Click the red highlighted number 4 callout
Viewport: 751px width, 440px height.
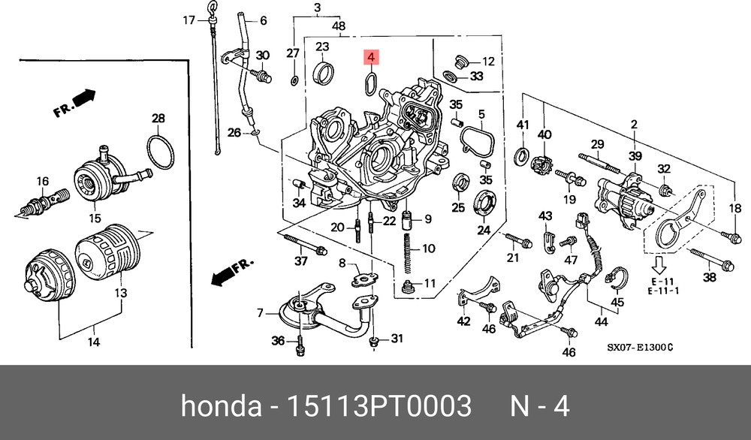[x=371, y=57]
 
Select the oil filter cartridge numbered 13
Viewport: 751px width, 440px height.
[x=108, y=252]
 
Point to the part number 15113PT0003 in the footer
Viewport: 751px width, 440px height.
[x=378, y=406]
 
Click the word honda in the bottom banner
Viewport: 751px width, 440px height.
[x=221, y=406]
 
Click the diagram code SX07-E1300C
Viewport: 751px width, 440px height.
[x=640, y=347]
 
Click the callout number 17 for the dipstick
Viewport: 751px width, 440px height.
[x=189, y=20]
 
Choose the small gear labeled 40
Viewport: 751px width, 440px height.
[x=543, y=163]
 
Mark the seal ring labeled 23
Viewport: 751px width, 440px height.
[x=323, y=72]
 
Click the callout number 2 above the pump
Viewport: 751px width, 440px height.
[x=634, y=125]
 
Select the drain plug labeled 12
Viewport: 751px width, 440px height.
[x=460, y=62]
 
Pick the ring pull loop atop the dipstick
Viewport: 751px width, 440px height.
[x=212, y=8]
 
